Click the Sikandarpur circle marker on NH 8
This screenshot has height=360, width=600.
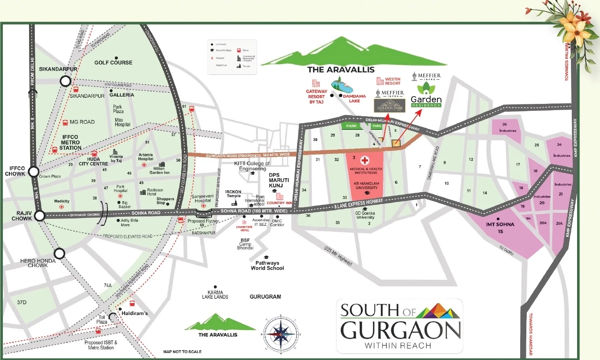tap(65, 81)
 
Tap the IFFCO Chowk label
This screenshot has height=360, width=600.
tap(15, 171)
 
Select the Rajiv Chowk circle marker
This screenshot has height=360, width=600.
tap(40, 216)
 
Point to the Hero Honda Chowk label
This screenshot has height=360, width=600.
tap(38, 263)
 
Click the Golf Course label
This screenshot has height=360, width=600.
tap(113, 63)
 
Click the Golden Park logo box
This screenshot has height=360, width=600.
tap(390, 106)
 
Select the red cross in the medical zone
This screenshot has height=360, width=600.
tap(365, 160)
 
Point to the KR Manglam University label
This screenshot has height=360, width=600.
tap(366, 186)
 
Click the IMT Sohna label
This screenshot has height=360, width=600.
tap(500, 227)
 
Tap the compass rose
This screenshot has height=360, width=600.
tap(281, 334)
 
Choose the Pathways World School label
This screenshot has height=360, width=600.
tap(267, 265)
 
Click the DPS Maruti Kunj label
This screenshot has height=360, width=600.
tap(279, 180)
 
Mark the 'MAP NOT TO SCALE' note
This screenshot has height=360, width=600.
tap(182, 352)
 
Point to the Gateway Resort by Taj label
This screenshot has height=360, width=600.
tap(316, 97)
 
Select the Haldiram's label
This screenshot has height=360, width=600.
tap(135, 313)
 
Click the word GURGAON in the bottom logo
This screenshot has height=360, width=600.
tap(400, 331)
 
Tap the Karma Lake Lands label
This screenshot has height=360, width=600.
tap(215, 295)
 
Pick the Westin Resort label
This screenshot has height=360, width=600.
tap(392, 81)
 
